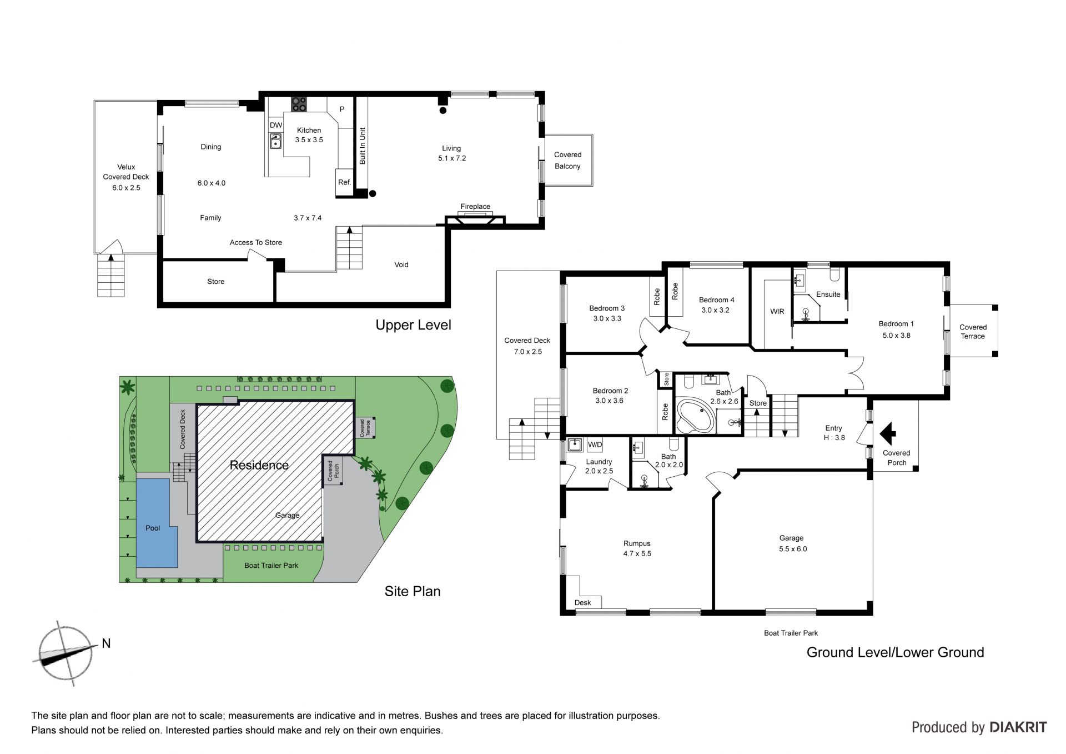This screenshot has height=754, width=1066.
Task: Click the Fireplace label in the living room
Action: [x=475, y=207]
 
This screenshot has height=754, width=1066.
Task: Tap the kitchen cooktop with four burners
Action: [x=299, y=104]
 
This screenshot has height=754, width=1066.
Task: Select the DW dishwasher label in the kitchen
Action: [x=276, y=126]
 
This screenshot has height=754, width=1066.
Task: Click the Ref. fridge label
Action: [x=344, y=182]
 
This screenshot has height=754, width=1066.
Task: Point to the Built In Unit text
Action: [x=363, y=146]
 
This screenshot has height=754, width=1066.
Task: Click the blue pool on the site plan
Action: [x=156, y=523]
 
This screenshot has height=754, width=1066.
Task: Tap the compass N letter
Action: [x=106, y=643]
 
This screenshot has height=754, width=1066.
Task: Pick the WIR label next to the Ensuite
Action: [x=777, y=312]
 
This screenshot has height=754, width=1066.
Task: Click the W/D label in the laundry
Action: [x=595, y=445]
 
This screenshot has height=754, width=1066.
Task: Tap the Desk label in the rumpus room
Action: [x=583, y=602]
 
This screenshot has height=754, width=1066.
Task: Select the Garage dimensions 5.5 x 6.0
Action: [x=793, y=549]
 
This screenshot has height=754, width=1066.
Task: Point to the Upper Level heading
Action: [x=414, y=325]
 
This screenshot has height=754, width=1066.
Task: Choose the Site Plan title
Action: [x=413, y=591]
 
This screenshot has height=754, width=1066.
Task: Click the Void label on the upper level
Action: [x=401, y=264]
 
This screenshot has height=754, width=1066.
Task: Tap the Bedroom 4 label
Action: [x=717, y=300]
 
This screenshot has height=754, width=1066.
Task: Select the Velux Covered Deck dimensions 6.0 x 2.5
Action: [x=127, y=188]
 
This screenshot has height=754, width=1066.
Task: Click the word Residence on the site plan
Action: [x=259, y=465]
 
